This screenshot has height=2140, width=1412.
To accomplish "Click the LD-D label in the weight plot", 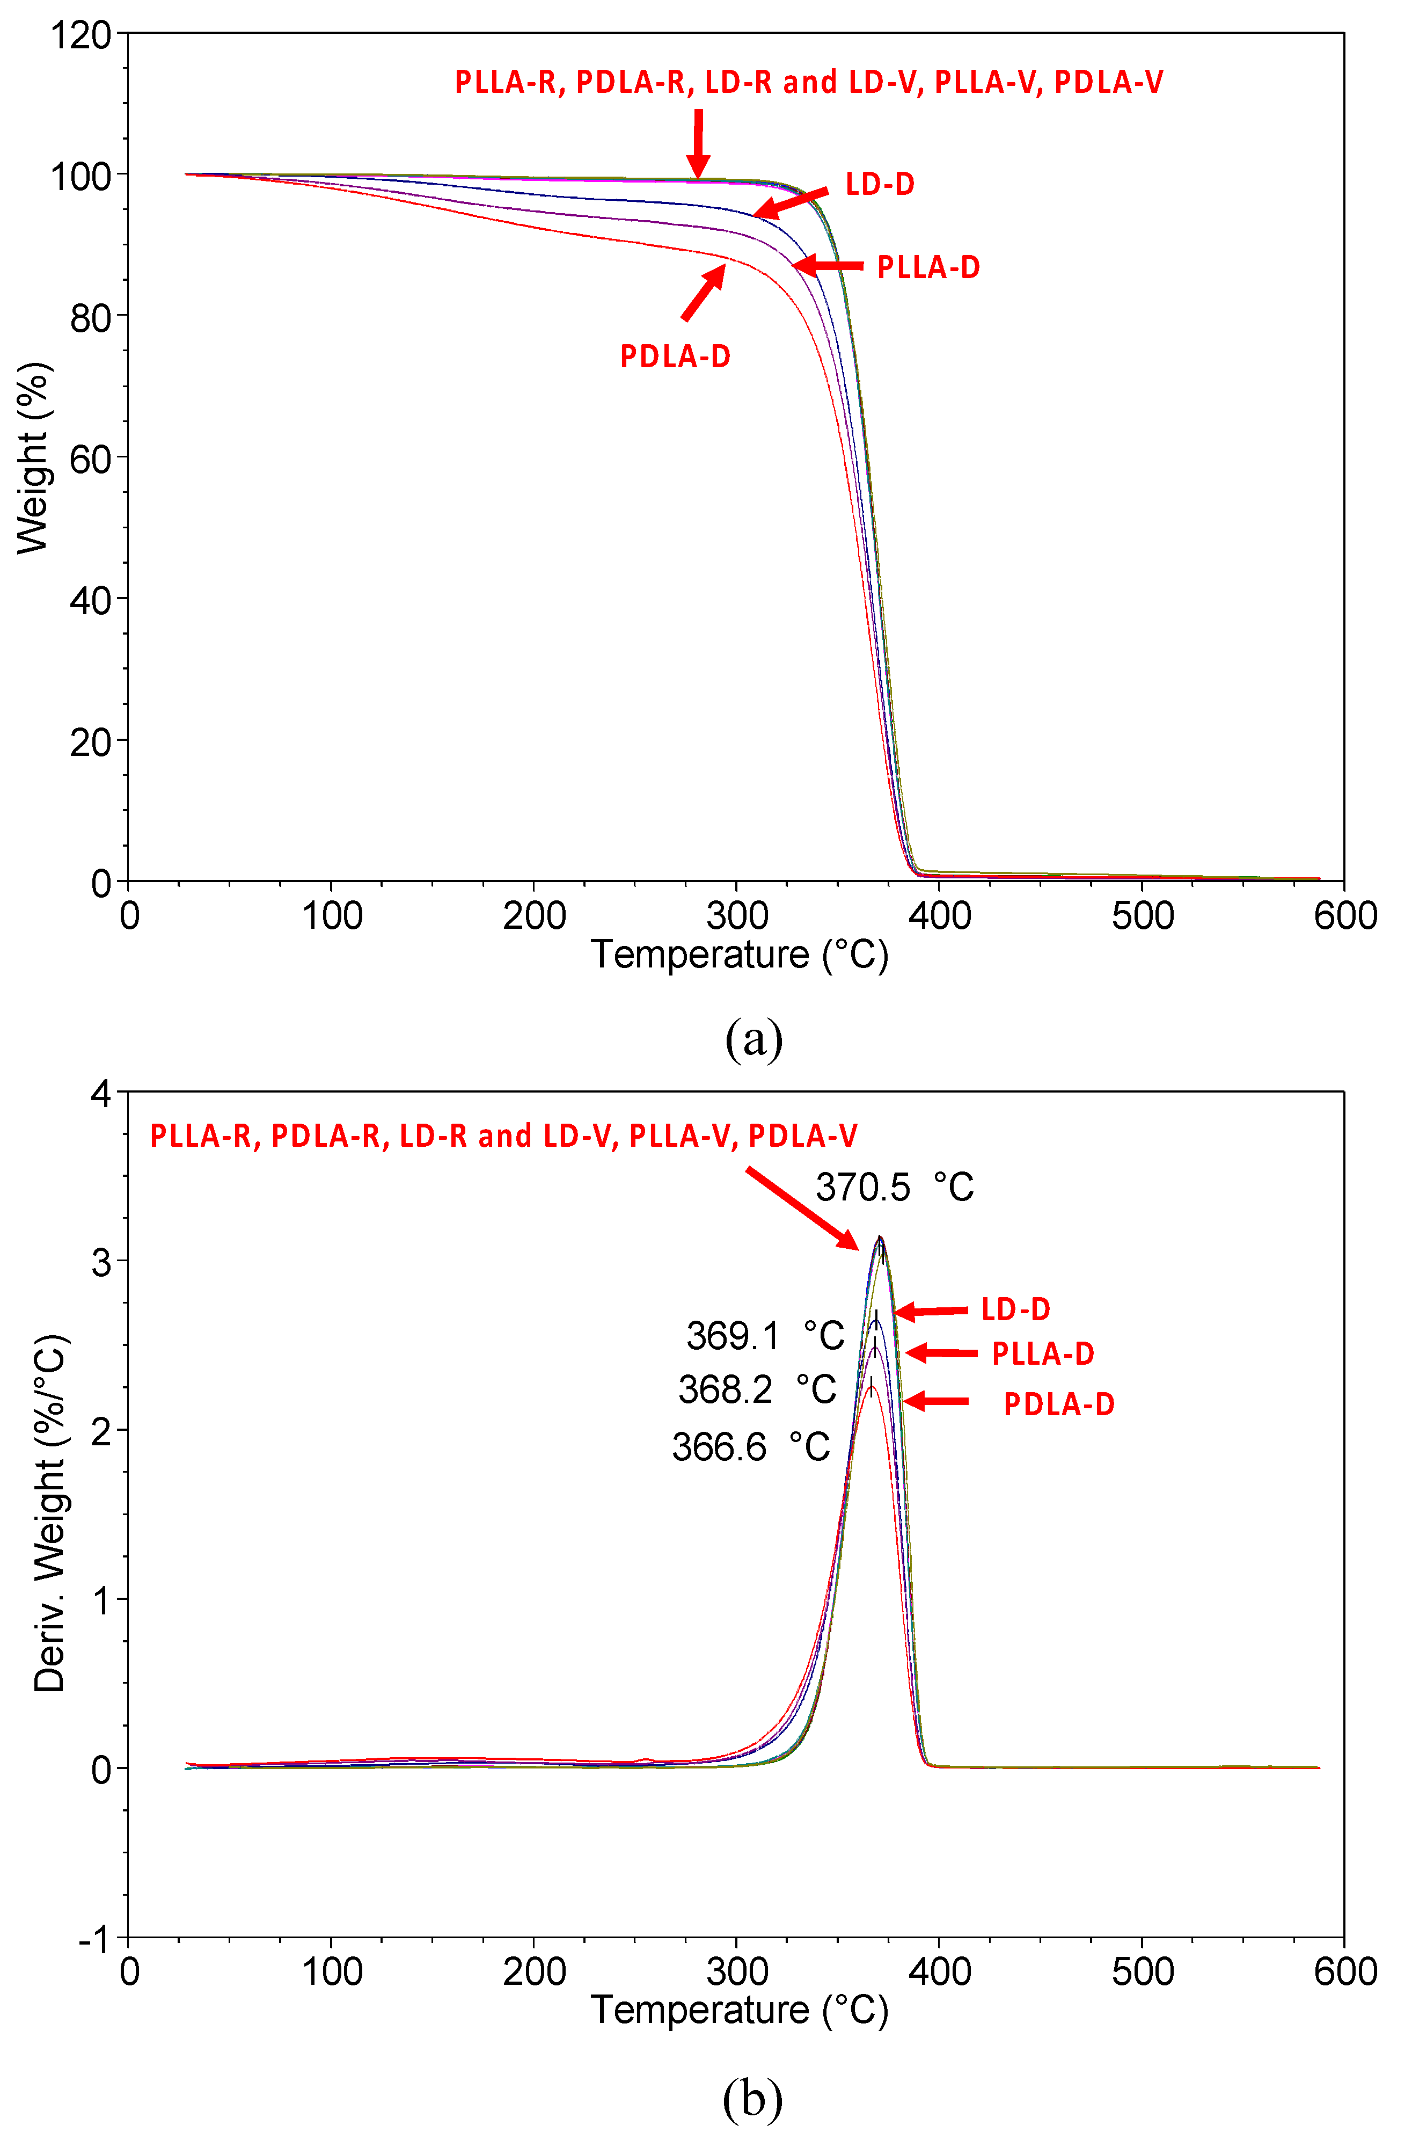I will coord(879,185).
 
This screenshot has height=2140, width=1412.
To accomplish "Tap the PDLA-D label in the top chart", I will coord(675,356).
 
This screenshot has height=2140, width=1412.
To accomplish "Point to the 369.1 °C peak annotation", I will coord(765,1336).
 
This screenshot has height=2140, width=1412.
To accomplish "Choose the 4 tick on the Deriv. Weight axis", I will coord(101,1094).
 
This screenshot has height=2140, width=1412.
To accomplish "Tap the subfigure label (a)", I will coord(753,1038).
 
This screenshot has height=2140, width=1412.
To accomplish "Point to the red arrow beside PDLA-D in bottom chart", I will coord(935,1401).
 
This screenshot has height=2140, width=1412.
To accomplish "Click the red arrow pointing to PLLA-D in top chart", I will coord(826,266).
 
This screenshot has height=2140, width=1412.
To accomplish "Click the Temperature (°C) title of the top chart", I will coord(738,955).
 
